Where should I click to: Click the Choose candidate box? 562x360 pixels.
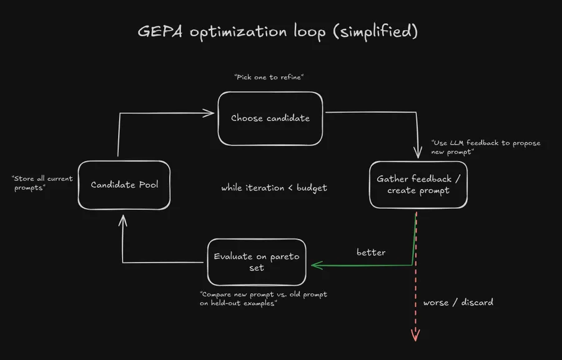270,118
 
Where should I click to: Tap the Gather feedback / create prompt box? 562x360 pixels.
418,185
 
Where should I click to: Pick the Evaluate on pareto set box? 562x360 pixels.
256,261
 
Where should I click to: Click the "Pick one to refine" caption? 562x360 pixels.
273,77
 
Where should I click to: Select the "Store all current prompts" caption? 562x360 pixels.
42,183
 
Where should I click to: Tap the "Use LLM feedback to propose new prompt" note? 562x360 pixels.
485,148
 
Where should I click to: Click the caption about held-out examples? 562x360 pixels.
263,299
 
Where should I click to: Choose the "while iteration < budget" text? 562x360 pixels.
274,188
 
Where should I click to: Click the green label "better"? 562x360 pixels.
371,253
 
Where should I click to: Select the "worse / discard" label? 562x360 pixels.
458,302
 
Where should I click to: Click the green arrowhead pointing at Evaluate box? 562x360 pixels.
315,266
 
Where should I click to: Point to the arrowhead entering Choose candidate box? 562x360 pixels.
210,113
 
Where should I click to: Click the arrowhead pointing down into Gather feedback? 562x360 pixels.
417,153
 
